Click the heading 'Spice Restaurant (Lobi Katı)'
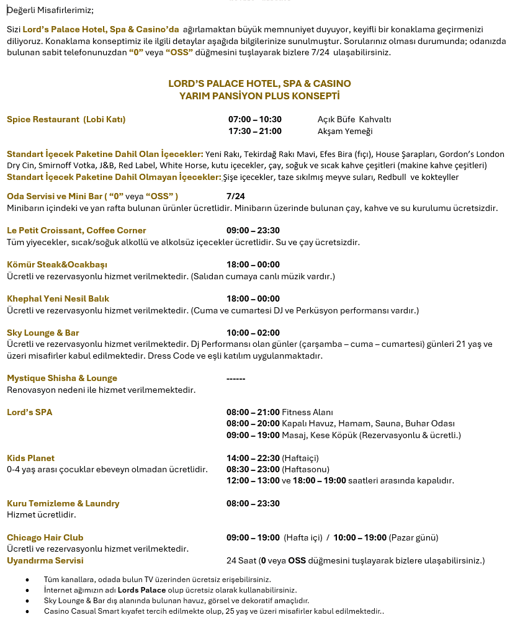click(x=70, y=119)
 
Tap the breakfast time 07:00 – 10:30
click(x=254, y=119)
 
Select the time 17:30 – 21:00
click(x=254, y=131)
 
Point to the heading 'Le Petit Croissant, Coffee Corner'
click(x=76, y=230)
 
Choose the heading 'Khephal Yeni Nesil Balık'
click(x=58, y=298)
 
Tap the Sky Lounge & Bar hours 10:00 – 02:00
click(x=253, y=333)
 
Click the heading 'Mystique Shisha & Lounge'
click(x=62, y=378)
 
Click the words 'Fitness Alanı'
click(x=307, y=412)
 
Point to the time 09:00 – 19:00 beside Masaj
click(x=253, y=435)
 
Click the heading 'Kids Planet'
click(x=30, y=458)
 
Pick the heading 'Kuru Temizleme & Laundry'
click(x=63, y=503)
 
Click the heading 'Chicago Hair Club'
click(x=45, y=537)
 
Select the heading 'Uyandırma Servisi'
click(x=45, y=560)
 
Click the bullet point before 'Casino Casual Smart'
click(x=27, y=611)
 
